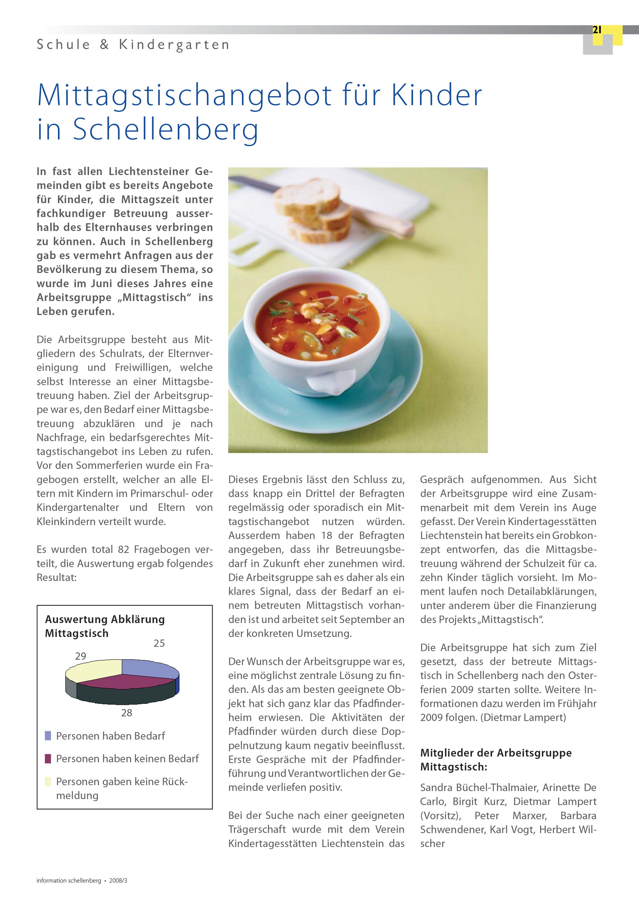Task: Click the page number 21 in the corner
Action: pos(597,30)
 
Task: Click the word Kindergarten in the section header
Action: pos(174,45)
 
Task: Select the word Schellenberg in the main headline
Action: pos(166,130)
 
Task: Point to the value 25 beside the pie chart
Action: pos(159,643)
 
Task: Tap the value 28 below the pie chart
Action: pos(126,713)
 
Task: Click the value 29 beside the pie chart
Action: pos(81,656)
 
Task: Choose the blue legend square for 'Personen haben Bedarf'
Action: pos(48,736)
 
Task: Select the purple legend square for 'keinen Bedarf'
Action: pos(48,759)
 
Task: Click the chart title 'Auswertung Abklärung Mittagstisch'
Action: pos(105,626)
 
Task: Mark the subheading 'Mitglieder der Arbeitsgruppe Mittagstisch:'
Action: pos(496,760)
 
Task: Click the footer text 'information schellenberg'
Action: pos(69,881)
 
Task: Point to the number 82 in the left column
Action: pos(124,550)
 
